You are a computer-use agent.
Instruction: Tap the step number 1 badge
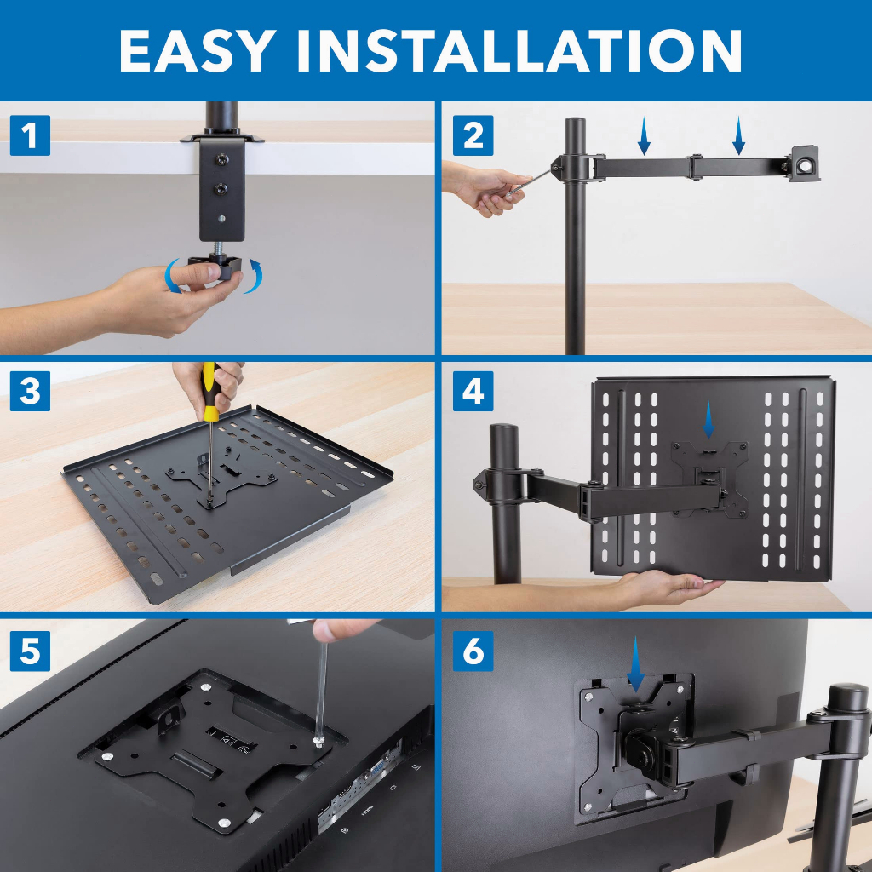[30, 136]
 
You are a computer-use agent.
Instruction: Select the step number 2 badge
[473, 136]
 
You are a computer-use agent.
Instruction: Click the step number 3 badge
[30, 392]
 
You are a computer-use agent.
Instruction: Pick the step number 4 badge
[473, 392]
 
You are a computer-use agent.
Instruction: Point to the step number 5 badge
[30, 651]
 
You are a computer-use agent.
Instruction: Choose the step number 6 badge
[473, 651]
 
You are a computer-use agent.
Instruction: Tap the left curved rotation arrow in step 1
[174, 277]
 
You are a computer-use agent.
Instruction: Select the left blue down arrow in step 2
[645, 136]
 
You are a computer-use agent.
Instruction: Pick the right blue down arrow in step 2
[738, 136]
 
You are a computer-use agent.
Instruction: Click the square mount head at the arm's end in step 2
[804, 163]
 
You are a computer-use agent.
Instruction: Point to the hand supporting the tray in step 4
[668, 586]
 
